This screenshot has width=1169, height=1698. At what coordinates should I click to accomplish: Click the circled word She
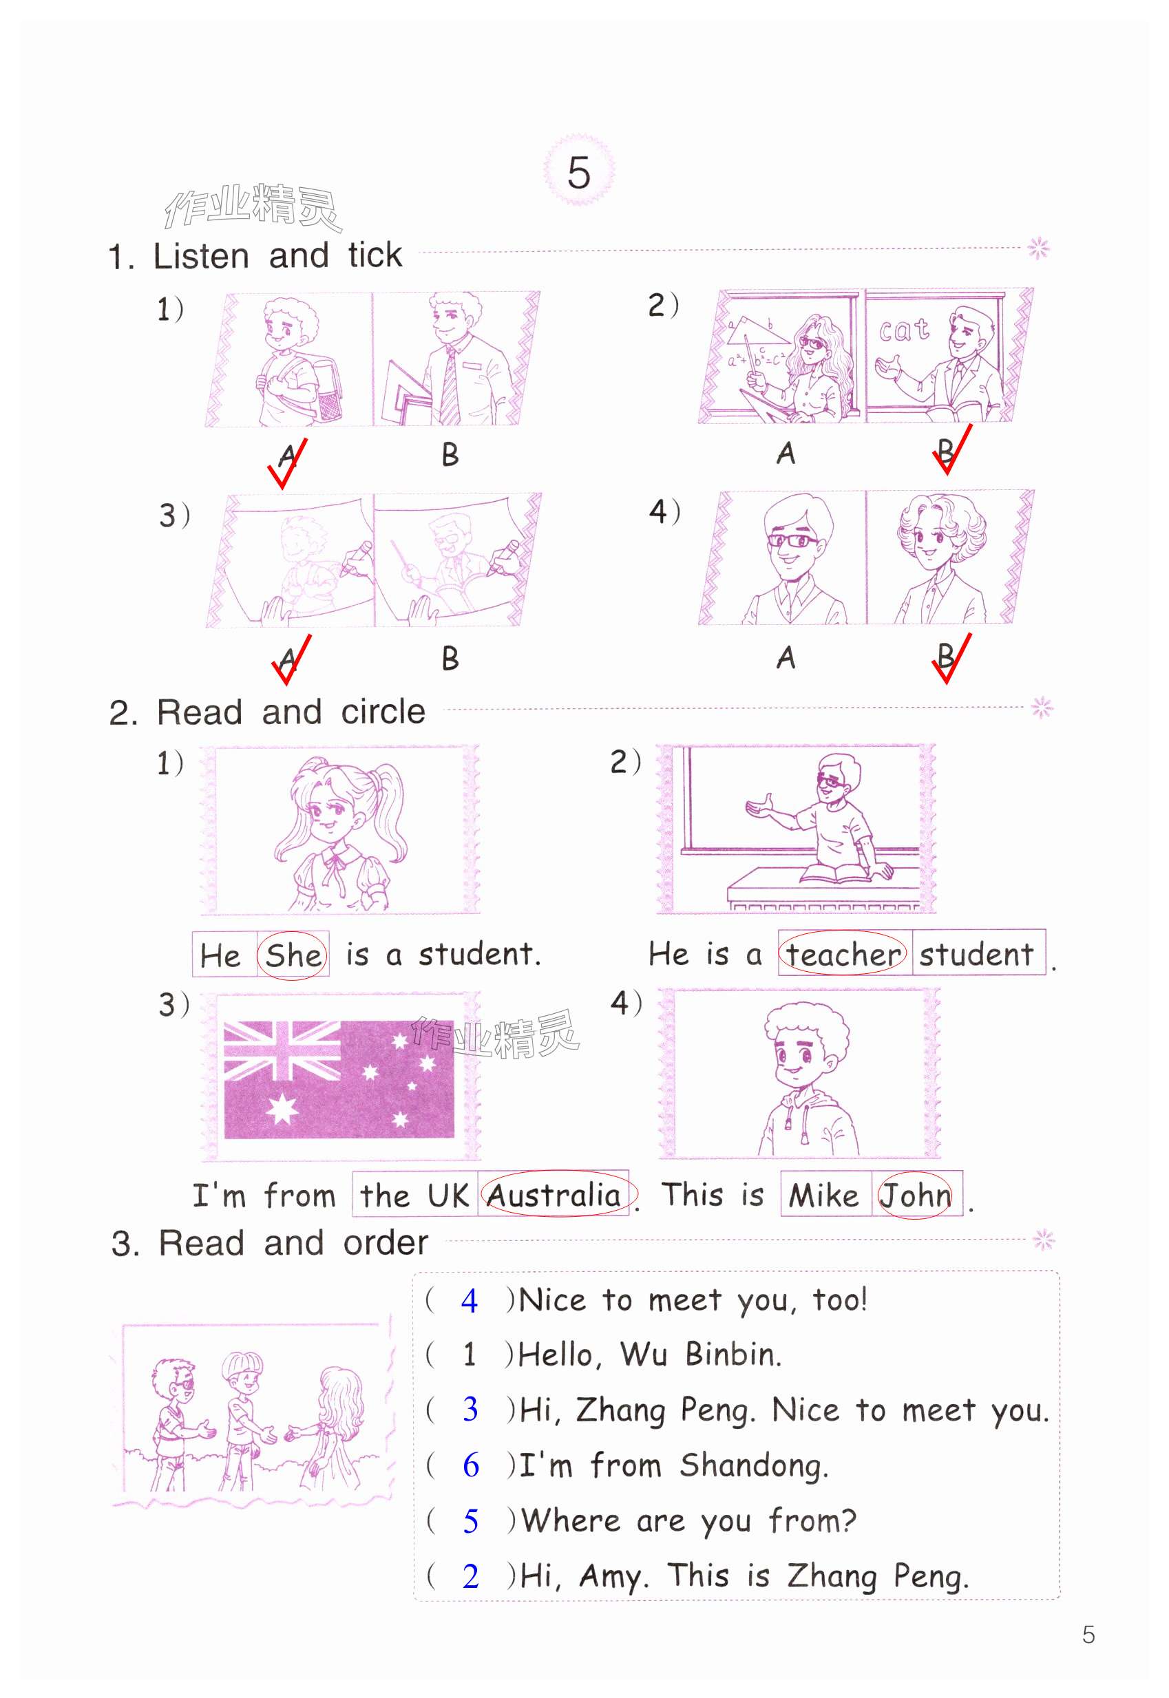(x=292, y=955)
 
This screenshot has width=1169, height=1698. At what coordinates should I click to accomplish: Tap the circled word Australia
(x=554, y=1195)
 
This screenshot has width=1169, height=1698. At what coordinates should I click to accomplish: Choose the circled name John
(x=915, y=1195)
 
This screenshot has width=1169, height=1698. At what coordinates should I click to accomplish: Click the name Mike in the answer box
(x=823, y=1195)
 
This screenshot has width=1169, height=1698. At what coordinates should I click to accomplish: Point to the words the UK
(x=414, y=1196)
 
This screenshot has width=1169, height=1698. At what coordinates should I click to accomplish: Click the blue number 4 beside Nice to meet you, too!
(x=470, y=1301)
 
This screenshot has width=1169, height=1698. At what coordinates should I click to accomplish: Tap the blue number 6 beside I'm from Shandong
(x=471, y=1465)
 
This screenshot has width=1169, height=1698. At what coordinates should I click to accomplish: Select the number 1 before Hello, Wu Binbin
(x=470, y=1355)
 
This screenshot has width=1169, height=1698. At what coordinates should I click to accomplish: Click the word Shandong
(x=754, y=1466)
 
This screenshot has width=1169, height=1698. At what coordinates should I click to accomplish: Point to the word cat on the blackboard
(x=905, y=330)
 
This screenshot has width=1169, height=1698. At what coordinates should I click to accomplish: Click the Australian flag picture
(x=339, y=1079)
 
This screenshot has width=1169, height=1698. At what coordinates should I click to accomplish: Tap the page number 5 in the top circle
(x=578, y=173)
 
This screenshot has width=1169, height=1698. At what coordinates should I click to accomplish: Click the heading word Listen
(x=202, y=255)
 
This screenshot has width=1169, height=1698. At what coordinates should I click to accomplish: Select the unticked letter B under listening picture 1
(x=450, y=455)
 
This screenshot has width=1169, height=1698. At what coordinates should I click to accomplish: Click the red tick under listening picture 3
(x=291, y=659)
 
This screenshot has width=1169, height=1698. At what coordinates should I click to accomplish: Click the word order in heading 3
(x=386, y=1242)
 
